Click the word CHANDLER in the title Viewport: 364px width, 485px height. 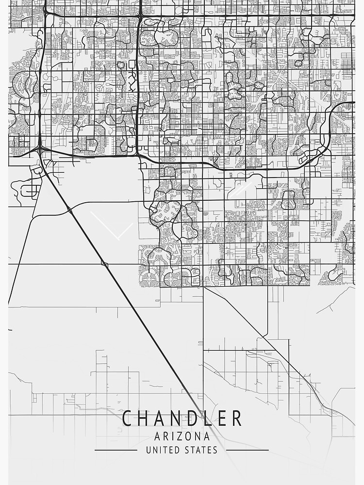182,419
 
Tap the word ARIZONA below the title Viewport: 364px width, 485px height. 182,436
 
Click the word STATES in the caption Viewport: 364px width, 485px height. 201,450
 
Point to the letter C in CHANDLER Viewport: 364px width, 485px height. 128,419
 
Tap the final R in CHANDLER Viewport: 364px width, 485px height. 236,419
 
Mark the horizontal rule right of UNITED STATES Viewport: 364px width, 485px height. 247,450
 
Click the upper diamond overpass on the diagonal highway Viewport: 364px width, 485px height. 70,210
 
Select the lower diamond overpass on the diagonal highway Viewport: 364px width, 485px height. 104,263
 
